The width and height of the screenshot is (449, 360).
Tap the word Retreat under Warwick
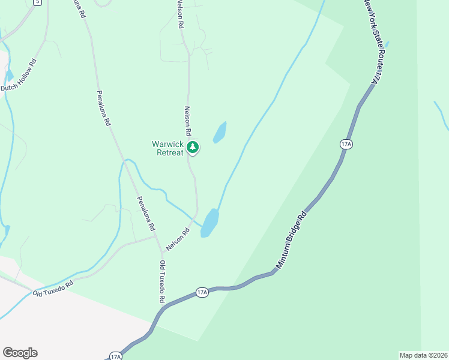point(170,152)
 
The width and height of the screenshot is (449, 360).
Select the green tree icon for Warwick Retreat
point(193,147)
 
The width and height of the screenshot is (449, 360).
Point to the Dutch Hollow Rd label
point(19,75)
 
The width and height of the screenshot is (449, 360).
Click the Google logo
point(20,353)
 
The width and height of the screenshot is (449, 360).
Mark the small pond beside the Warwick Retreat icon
point(220,133)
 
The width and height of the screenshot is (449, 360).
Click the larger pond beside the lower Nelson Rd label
point(209,223)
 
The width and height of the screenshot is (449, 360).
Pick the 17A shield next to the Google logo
point(116,356)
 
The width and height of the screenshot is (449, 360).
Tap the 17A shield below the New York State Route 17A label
point(346,144)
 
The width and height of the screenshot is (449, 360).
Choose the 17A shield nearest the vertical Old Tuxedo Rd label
point(202,292)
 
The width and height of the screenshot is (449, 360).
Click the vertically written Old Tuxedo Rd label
point(162,281)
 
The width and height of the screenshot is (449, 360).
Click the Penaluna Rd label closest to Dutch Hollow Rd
point(103,108)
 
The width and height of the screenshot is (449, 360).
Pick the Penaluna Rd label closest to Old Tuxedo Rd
point(146,214)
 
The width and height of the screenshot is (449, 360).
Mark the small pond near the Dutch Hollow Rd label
point(10,76)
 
